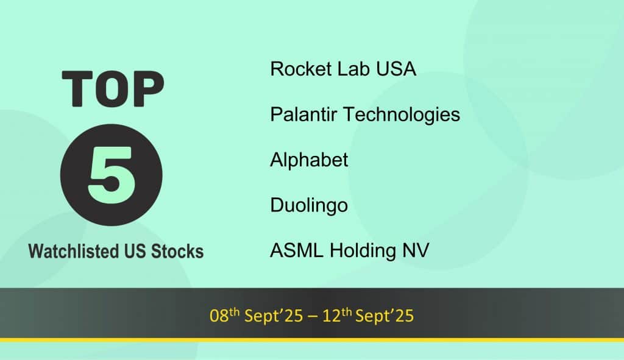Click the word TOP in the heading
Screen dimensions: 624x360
pos(113,89)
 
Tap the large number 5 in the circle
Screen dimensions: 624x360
pos(111,175)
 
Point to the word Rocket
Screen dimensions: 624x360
pos(301,69)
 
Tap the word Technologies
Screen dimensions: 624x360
pos(402,115)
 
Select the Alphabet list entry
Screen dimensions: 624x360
pos(309,160)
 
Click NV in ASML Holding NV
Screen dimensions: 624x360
pos(416,250)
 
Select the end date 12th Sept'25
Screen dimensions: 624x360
pos(368,315)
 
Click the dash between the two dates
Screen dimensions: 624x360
pos(313,317)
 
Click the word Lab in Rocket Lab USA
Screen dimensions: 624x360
pos(353,69)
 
